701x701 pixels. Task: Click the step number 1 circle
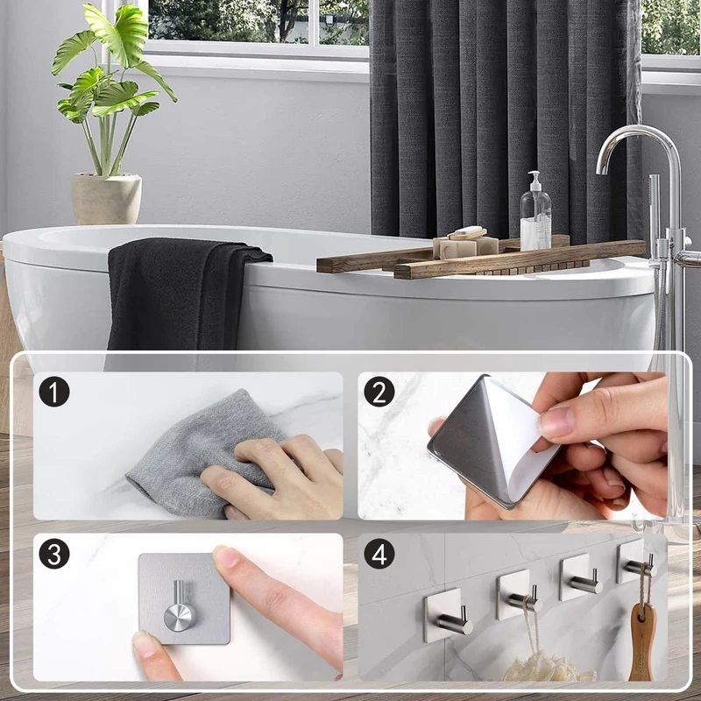coord(54,392)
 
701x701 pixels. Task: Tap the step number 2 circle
coord(379,392)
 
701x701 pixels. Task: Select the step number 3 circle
coord(54,554)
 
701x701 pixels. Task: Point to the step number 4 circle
coord(379,554)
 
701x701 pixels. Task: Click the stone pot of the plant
coord(106,199)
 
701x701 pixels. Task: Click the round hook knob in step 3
coord(180,617)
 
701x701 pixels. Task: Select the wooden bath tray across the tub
coord(480,259)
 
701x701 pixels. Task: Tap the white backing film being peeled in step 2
coord(520,438)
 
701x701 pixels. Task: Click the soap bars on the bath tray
coord(465,243)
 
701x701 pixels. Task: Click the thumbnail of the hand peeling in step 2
coord(556,423)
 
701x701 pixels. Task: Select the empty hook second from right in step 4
coord(580,577)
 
